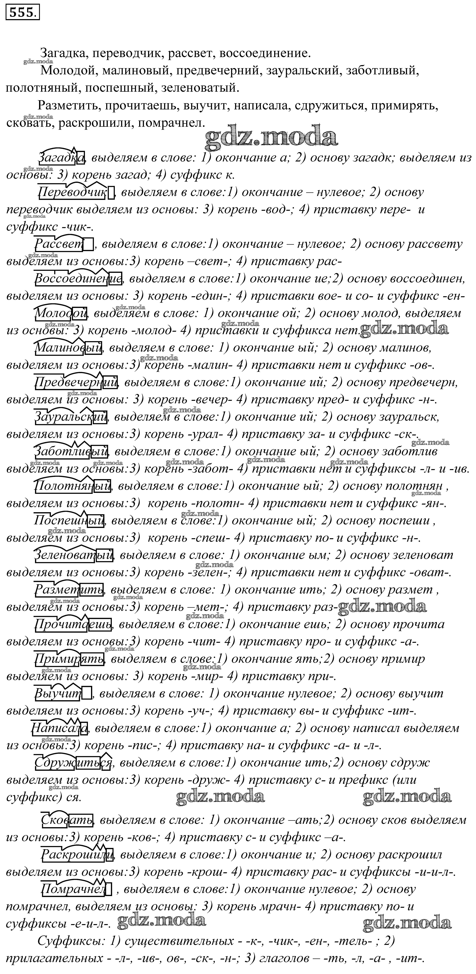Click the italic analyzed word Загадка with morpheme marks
62,157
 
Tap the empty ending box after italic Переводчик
111,193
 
